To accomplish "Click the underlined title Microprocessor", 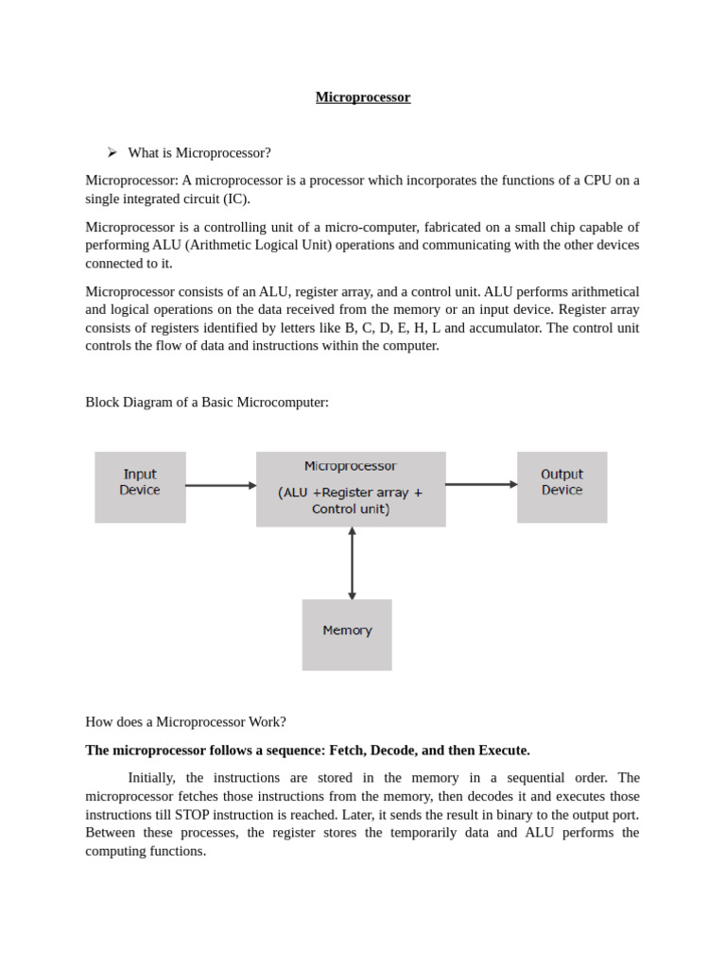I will (363, 97).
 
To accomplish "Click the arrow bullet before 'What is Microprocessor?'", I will (112, 152).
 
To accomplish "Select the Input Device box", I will (140, 487).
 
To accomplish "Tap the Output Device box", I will (562, 487).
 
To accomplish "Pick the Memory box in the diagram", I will (347, 634).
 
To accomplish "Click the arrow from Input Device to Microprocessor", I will (220, 486).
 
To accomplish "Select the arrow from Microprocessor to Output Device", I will (481, 485).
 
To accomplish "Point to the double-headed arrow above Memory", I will (352, 563).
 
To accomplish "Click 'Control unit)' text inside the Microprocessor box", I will (351, 510).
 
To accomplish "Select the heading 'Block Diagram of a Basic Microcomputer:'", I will (207, 403).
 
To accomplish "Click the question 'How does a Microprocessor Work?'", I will (185, 722).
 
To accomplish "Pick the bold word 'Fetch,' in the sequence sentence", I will (347, 751).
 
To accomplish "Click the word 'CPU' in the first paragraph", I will (597, 181).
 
